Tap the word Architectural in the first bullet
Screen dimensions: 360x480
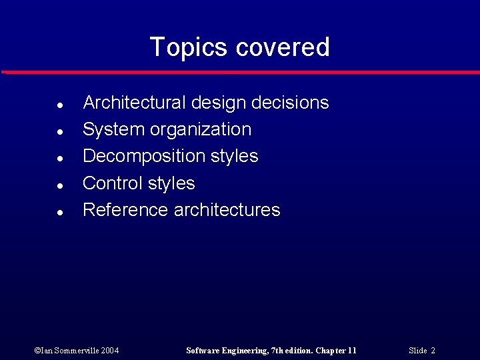coord(134,103)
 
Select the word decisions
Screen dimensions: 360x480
coord(293,103)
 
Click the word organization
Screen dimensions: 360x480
coord(201,129)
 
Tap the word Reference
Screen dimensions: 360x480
coord(125,210)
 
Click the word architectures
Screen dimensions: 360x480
coord(227,210)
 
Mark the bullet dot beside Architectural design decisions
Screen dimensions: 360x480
coord(60,105)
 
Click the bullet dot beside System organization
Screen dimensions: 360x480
coord(60,132)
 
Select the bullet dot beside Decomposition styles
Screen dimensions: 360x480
coord(60,159)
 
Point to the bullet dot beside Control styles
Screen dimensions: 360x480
coord(60,185)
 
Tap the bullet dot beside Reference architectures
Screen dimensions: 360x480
coord(60,213)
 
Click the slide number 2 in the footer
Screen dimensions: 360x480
coord(433,350)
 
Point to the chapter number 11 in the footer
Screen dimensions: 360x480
coord(352,350)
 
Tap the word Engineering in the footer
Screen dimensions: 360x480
coord(245,350)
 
